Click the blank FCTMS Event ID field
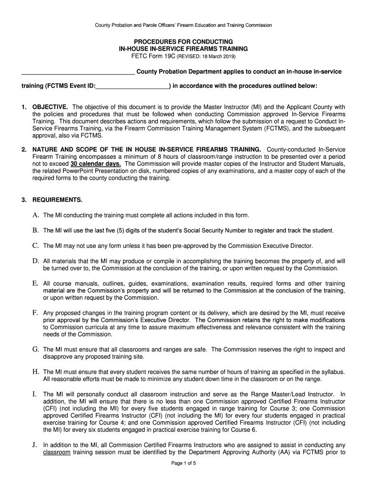click(133, 86)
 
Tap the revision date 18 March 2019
click(215, 57)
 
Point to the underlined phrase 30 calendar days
click(95, 164)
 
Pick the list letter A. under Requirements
click(35, 215)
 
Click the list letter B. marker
click(35, 230)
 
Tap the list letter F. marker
click(35, 313)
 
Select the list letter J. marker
click(35, 445)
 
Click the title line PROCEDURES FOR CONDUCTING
click(183, 41)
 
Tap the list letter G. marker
click(35, 349)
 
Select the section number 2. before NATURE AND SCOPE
click(24, 150)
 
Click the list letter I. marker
click(34, 394)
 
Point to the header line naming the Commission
click(183, 25)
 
